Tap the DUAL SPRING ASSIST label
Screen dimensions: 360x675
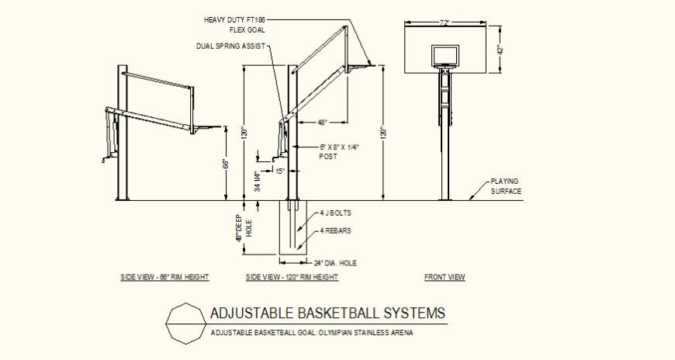pos(230,47)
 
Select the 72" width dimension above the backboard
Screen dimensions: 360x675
pos(445,24)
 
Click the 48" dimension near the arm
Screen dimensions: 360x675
pos(322,123)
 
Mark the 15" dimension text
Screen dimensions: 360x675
pos(280,171)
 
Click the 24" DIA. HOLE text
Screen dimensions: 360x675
pos(334,262)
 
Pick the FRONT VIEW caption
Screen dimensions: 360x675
pos(445,277)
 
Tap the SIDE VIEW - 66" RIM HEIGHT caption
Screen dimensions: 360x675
pos(164,277)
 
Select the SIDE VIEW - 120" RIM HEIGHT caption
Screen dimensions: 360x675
pos(291,277)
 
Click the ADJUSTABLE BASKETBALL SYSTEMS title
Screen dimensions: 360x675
pos(328,313)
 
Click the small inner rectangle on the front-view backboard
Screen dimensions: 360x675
pos(445,54)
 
